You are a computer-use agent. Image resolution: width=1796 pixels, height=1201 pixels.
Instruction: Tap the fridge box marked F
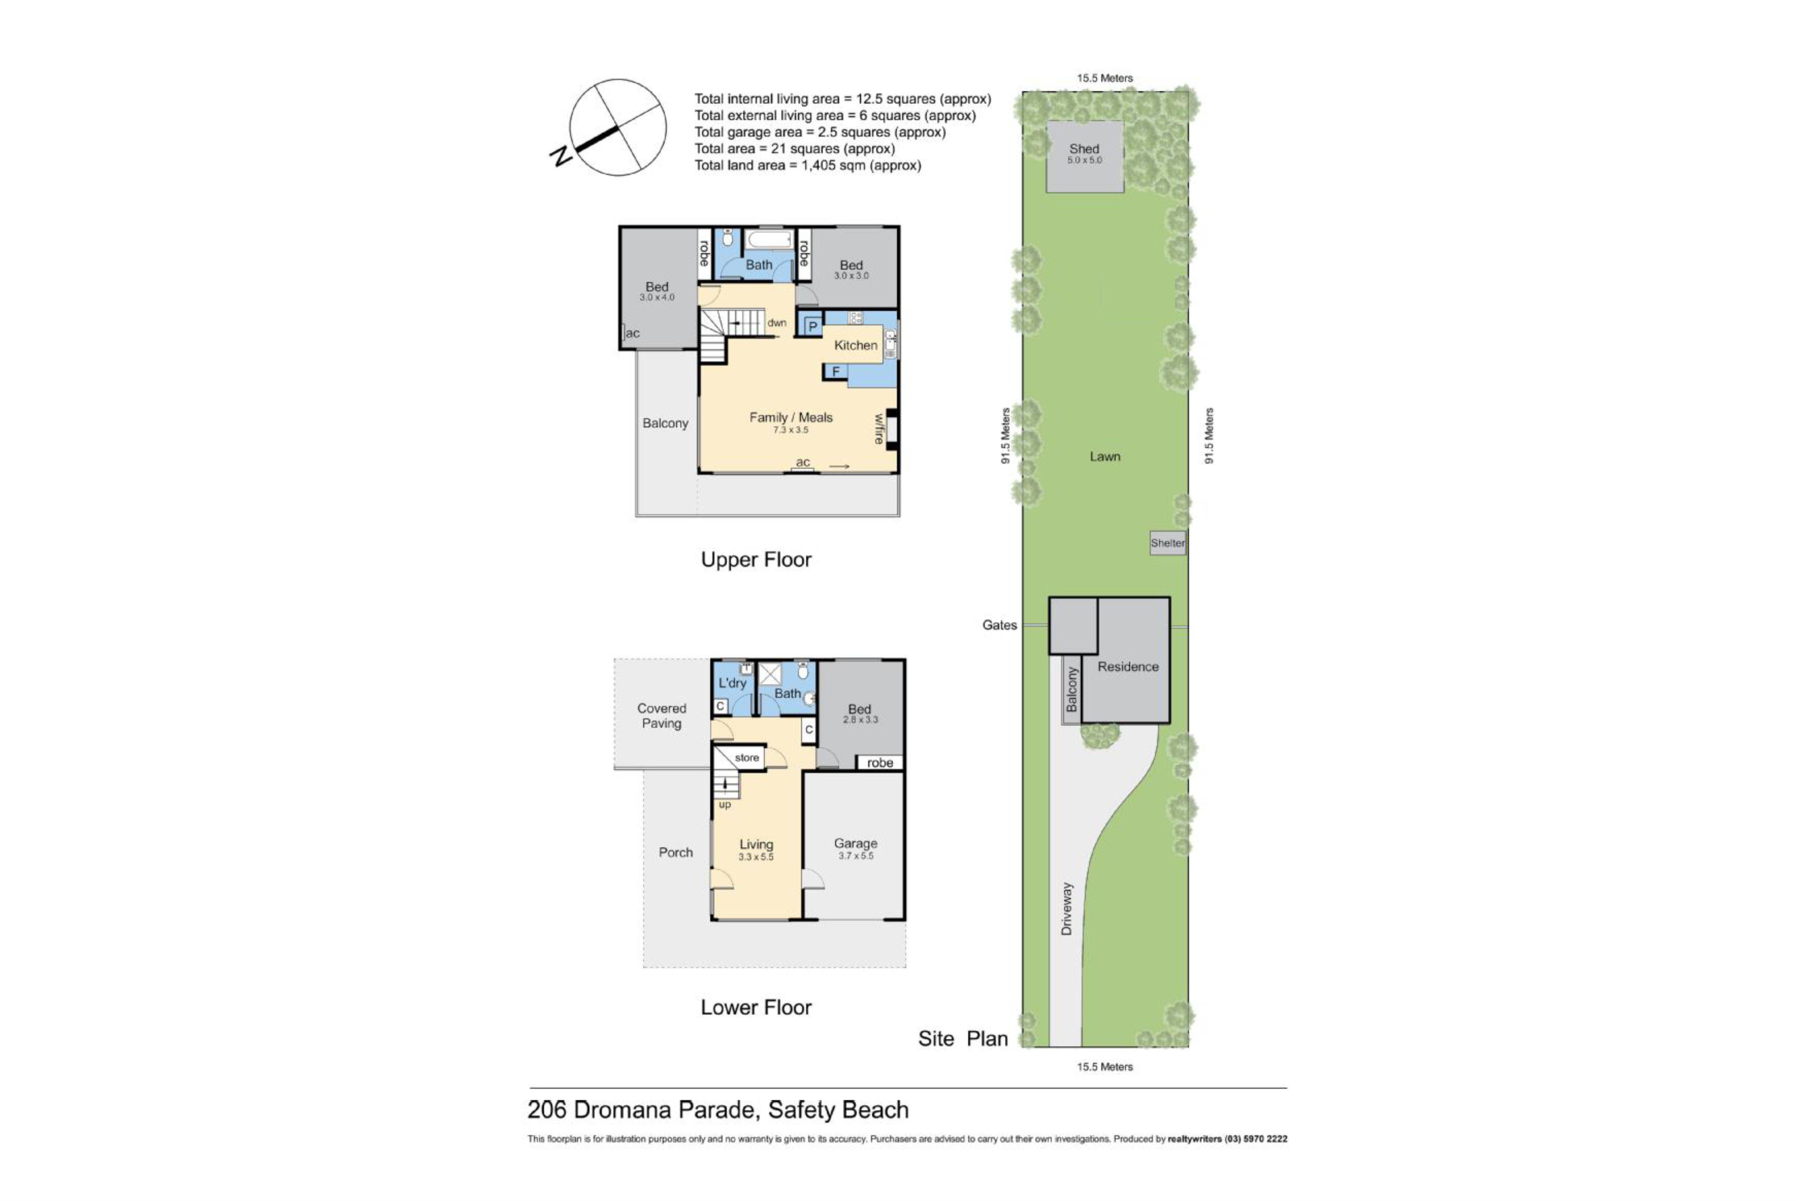[x=836, y=371]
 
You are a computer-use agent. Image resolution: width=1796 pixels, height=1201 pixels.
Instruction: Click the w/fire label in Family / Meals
[x=879, y=429]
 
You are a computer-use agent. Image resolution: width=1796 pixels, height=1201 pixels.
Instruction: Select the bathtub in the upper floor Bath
[x=769, y=240]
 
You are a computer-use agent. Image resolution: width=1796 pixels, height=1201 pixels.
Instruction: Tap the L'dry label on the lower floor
[x=731, y=683]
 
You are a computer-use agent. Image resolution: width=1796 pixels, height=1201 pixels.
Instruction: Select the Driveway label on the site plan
[x=1066, y=908]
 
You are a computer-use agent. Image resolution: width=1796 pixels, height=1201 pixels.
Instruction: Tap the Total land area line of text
[x=807, y=165]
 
